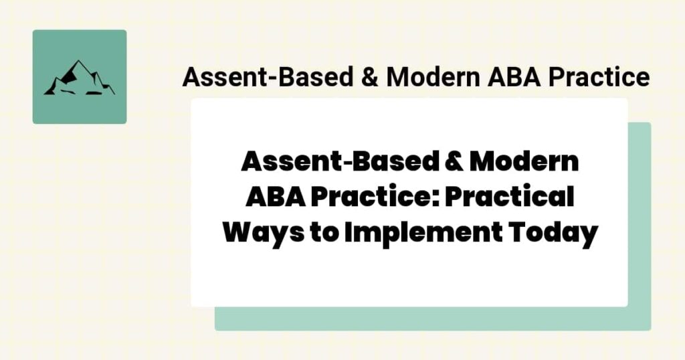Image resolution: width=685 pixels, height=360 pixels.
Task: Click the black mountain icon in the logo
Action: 79,79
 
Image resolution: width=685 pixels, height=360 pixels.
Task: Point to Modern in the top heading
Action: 431,78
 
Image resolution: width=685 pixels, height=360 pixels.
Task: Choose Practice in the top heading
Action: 599,78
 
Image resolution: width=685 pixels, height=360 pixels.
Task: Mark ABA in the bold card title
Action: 273,198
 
